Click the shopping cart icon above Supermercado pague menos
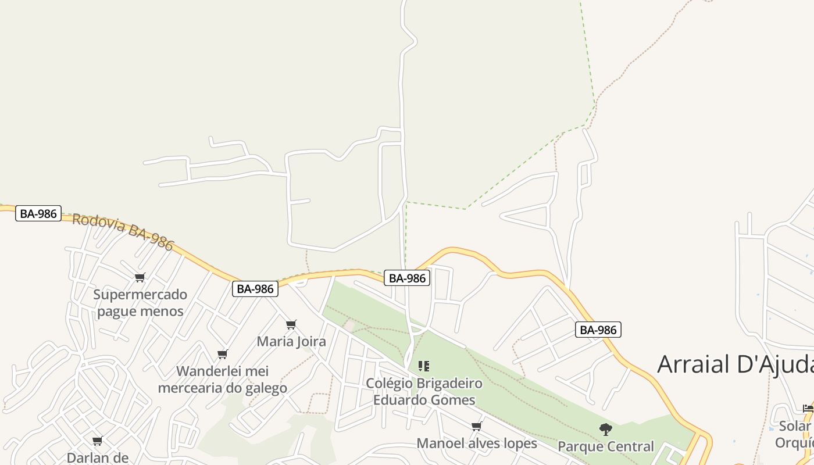(x=140, y=277)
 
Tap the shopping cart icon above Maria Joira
(x=291, y=324)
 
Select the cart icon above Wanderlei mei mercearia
(x=222, y=354)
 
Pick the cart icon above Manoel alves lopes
(x=477, y=427)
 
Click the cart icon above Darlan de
(x=98, y=441)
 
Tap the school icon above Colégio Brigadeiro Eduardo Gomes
(x=424, y=366)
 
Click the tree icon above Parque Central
(x=606, y=430)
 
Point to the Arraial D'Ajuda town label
(x=735, y=364)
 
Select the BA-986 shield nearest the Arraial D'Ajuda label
(x=598, y=330)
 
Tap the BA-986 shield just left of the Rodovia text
(x=38, y=213)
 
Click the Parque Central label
(x=606, y=446)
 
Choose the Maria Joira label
(x=291, y=341)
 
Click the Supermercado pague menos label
(x=140, y=303)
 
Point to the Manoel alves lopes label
(x=477, y=443)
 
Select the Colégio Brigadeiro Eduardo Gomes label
(x=424, y=392)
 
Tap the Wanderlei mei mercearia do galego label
(x=222, y=380)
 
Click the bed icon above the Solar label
(x=808, y=409)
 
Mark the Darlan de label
(x=98, y=457)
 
